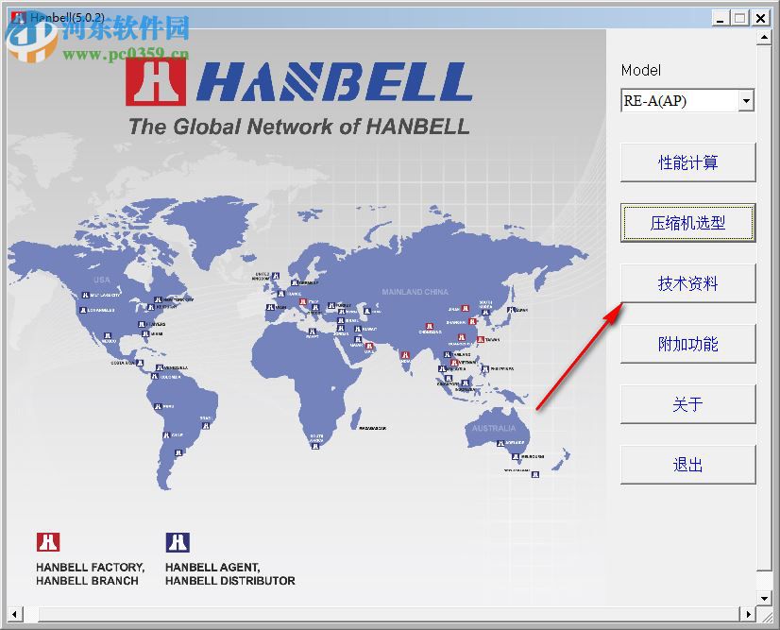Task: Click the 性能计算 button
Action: (687, 162)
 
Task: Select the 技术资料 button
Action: (687, 283)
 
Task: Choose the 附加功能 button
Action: (687, 344)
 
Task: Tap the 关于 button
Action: (687, 404)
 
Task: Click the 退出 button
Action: (687, 465)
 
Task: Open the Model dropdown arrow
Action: (746, 100)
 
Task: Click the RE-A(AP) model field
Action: (678, 100)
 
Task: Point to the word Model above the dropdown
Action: (641, 71)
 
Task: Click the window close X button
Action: (761, 17)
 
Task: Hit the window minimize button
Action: (721, 17)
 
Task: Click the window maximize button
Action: (740, 17)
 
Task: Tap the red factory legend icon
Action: (48, 542)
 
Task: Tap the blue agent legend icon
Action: (178, 542)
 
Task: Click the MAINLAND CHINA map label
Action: (415, 292)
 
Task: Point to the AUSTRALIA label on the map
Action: (494, 428)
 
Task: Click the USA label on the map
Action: (102, 280)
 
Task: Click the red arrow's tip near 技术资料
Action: (621, 305)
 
